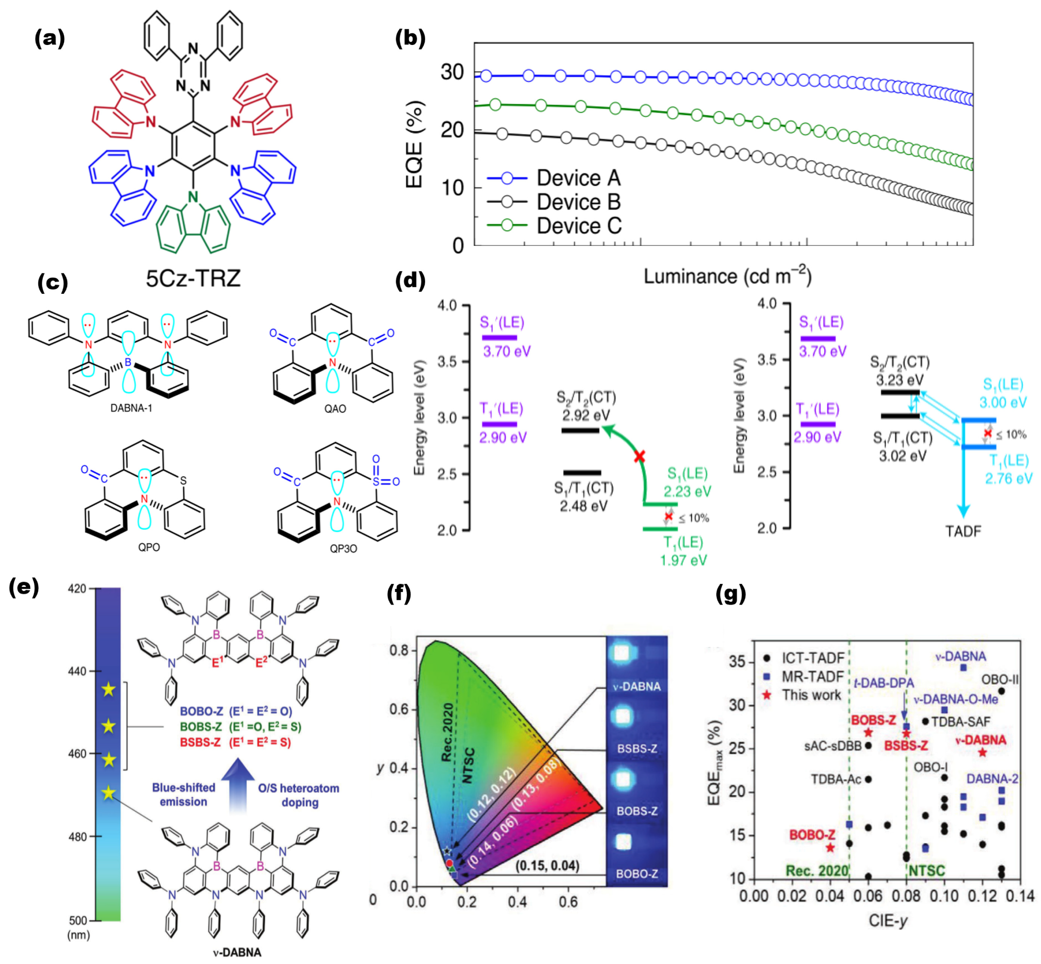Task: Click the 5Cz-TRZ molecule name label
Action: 193,278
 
